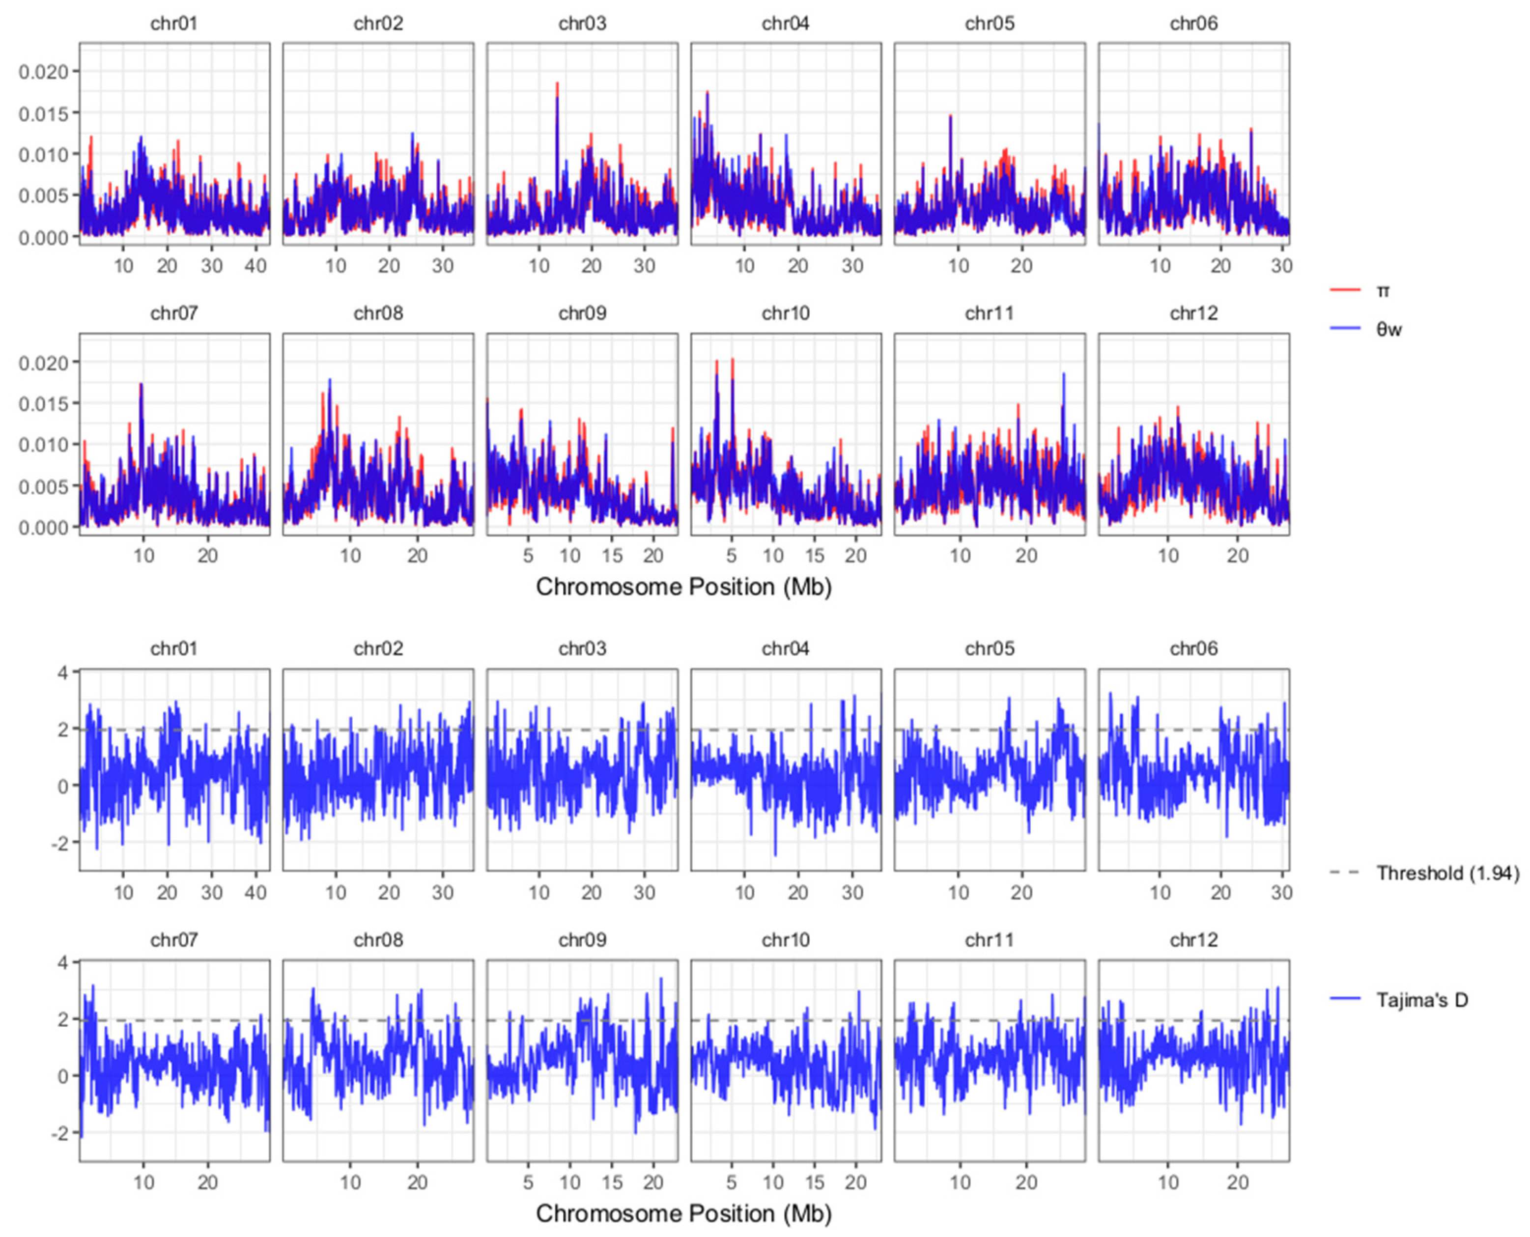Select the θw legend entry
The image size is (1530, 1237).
coord(1388,329)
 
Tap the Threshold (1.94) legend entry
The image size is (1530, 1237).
coord(1446,873)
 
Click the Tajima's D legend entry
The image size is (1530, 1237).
coord(1422,1000)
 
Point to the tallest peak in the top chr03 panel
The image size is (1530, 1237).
coord(557,84)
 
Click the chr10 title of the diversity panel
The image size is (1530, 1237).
coord(785,313)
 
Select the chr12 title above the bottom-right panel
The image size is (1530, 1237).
coord(1193,940)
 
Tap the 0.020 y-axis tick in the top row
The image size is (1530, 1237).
coord(43,72)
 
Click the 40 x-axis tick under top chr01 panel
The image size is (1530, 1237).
coord(255,266)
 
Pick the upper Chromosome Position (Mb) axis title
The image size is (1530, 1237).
coord(683,587)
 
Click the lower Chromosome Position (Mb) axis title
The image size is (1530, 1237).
coord(683,1213)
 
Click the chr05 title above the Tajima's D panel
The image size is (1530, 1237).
coord(989,648)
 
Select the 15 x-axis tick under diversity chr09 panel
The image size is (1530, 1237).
coord(611,555)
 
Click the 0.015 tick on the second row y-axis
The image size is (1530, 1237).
coord(43,404)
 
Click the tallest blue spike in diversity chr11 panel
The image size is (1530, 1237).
coord(1064,374)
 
